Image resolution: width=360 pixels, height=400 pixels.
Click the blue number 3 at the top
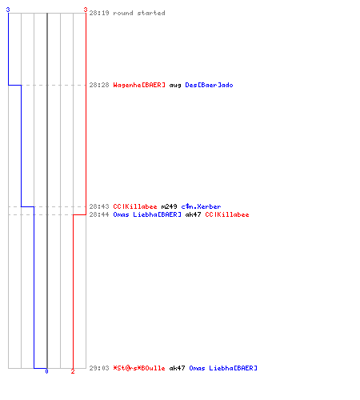(x=8, y=10)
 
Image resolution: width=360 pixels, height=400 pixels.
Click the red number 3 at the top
(x=86, y=10)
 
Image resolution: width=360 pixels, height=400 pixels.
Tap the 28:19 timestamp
(x=99, y=13)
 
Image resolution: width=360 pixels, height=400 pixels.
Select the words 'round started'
(x=139, y=13)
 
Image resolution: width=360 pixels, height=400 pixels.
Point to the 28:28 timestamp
(x=99, y=85)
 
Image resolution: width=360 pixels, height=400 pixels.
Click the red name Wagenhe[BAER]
(x=139, y=85)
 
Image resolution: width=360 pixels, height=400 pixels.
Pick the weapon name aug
(x=175, y=86)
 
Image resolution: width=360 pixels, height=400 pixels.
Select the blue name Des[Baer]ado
(x=209, y=85)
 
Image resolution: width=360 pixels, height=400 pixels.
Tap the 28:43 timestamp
(x=99, y=206)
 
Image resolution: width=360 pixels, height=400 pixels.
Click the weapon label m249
(x=170, y=206)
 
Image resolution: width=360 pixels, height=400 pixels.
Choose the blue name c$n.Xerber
(x=201, y=206)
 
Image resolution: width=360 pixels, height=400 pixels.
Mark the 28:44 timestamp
(x=99, y=214)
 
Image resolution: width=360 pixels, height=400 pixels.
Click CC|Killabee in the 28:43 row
(x=135, y=206)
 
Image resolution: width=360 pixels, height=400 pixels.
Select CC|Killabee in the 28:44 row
(x=227, y=214)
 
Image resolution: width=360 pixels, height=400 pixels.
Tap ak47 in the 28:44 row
(x=193, y=214)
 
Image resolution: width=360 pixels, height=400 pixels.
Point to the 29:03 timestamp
(x=99, y=368)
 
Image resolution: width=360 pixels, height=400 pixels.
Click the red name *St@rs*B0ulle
(x=139, y=368)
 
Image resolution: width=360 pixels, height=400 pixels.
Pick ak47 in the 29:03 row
(x=177, y=368)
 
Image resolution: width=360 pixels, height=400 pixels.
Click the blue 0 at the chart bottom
(x=46, y=371)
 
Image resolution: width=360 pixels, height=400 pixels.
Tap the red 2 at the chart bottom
(x=73, y=371)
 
